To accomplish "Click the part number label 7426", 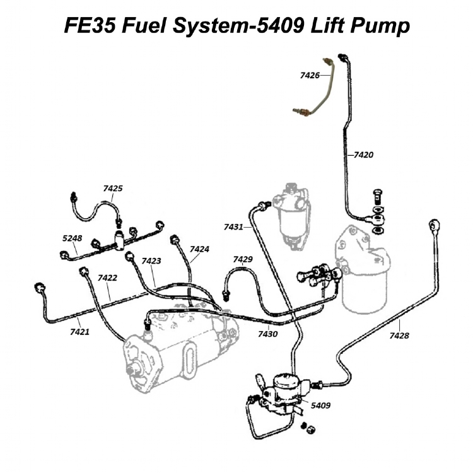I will click(310, 76).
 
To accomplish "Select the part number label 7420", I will click(364, 153).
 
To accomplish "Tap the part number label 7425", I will click(113, 188).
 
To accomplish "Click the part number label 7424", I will click(199, 250).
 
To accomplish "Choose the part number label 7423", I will click(151, 260).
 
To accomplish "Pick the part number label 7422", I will click(107, 278).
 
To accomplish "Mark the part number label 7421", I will click(79, 330).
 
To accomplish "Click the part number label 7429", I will click(243, 259).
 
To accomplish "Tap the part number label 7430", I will click(267, 334).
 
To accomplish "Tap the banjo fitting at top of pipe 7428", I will click(435, 225).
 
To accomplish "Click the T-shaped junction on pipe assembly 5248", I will click(118, 238).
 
